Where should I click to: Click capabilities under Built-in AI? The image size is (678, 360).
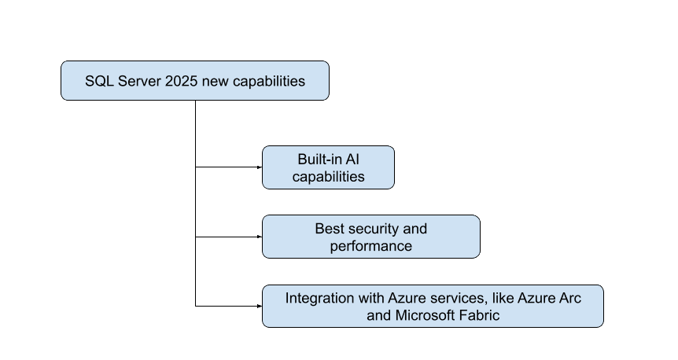pos(328,177)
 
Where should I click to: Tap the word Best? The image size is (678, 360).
pos(330,229)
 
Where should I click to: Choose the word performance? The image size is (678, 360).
pos(370,246)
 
